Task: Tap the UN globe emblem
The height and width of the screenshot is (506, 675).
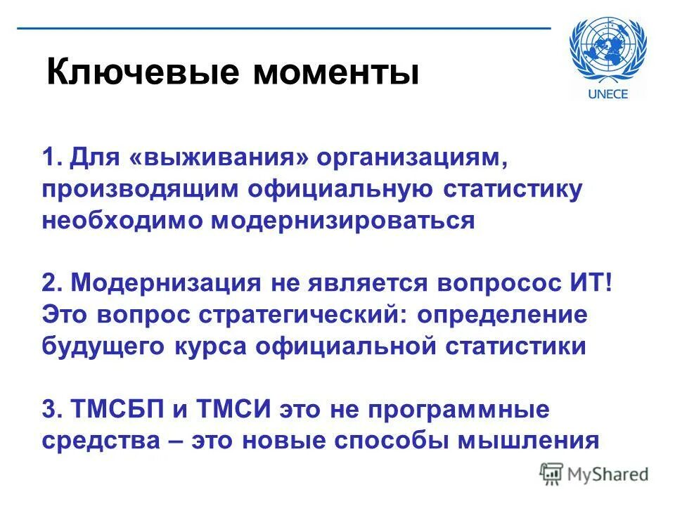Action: tap(610, 50)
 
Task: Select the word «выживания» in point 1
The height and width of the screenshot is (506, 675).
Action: tap(219, 159)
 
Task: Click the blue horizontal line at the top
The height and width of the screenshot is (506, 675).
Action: tap(281, 28)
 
